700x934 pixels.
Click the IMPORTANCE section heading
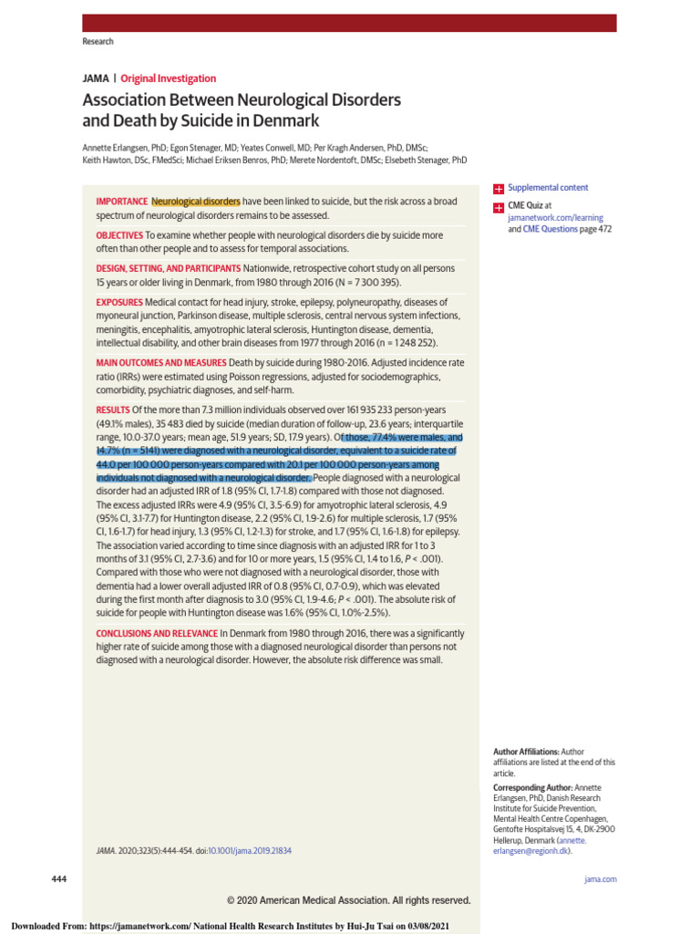pyautogui.click(x=122, y=201)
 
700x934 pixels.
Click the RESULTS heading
pyautogui.click(x=113, y=410)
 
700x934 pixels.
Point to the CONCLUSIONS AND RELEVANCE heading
pyautogui.click(x=157, y=632)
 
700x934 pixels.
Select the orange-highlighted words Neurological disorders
pyautogui.click(x=196, y=201)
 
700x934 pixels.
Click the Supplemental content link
pyautogui.click(x=548, y=187)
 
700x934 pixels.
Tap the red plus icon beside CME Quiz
pyautogui.click(x=499, y=207)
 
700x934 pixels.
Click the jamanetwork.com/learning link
pyautogui.click(x=555, y=218)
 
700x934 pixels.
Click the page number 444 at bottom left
pyautogui.click(x=60, y=877)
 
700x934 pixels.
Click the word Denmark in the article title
pyautogui.click(x=289, y=120)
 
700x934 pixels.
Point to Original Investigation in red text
pyautogui.click(x=169, y=78)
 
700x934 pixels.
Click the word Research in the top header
pyautogui.click(x=98, y=42)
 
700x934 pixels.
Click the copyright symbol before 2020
pyautogui.click(x=232, y=900)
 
